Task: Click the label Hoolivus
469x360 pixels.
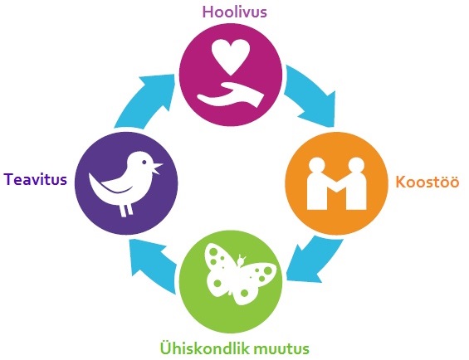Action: [x=235, y=12]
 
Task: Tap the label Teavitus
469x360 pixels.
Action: [x=36, y=180]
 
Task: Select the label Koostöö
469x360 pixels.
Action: [x=427, y=182]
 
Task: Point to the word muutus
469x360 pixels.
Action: [x=281, y=348]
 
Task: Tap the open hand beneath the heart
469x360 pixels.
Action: [x=231, y=95]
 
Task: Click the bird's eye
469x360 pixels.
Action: [x=144, y=162]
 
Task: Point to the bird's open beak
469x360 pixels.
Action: [x=157, y=168]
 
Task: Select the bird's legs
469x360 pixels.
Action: [x=126, y=209]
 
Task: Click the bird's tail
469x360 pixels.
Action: [x=95, y=184]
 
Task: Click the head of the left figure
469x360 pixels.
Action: [x=317, y=164]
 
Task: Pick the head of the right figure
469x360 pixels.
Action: [x=356, y=164]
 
